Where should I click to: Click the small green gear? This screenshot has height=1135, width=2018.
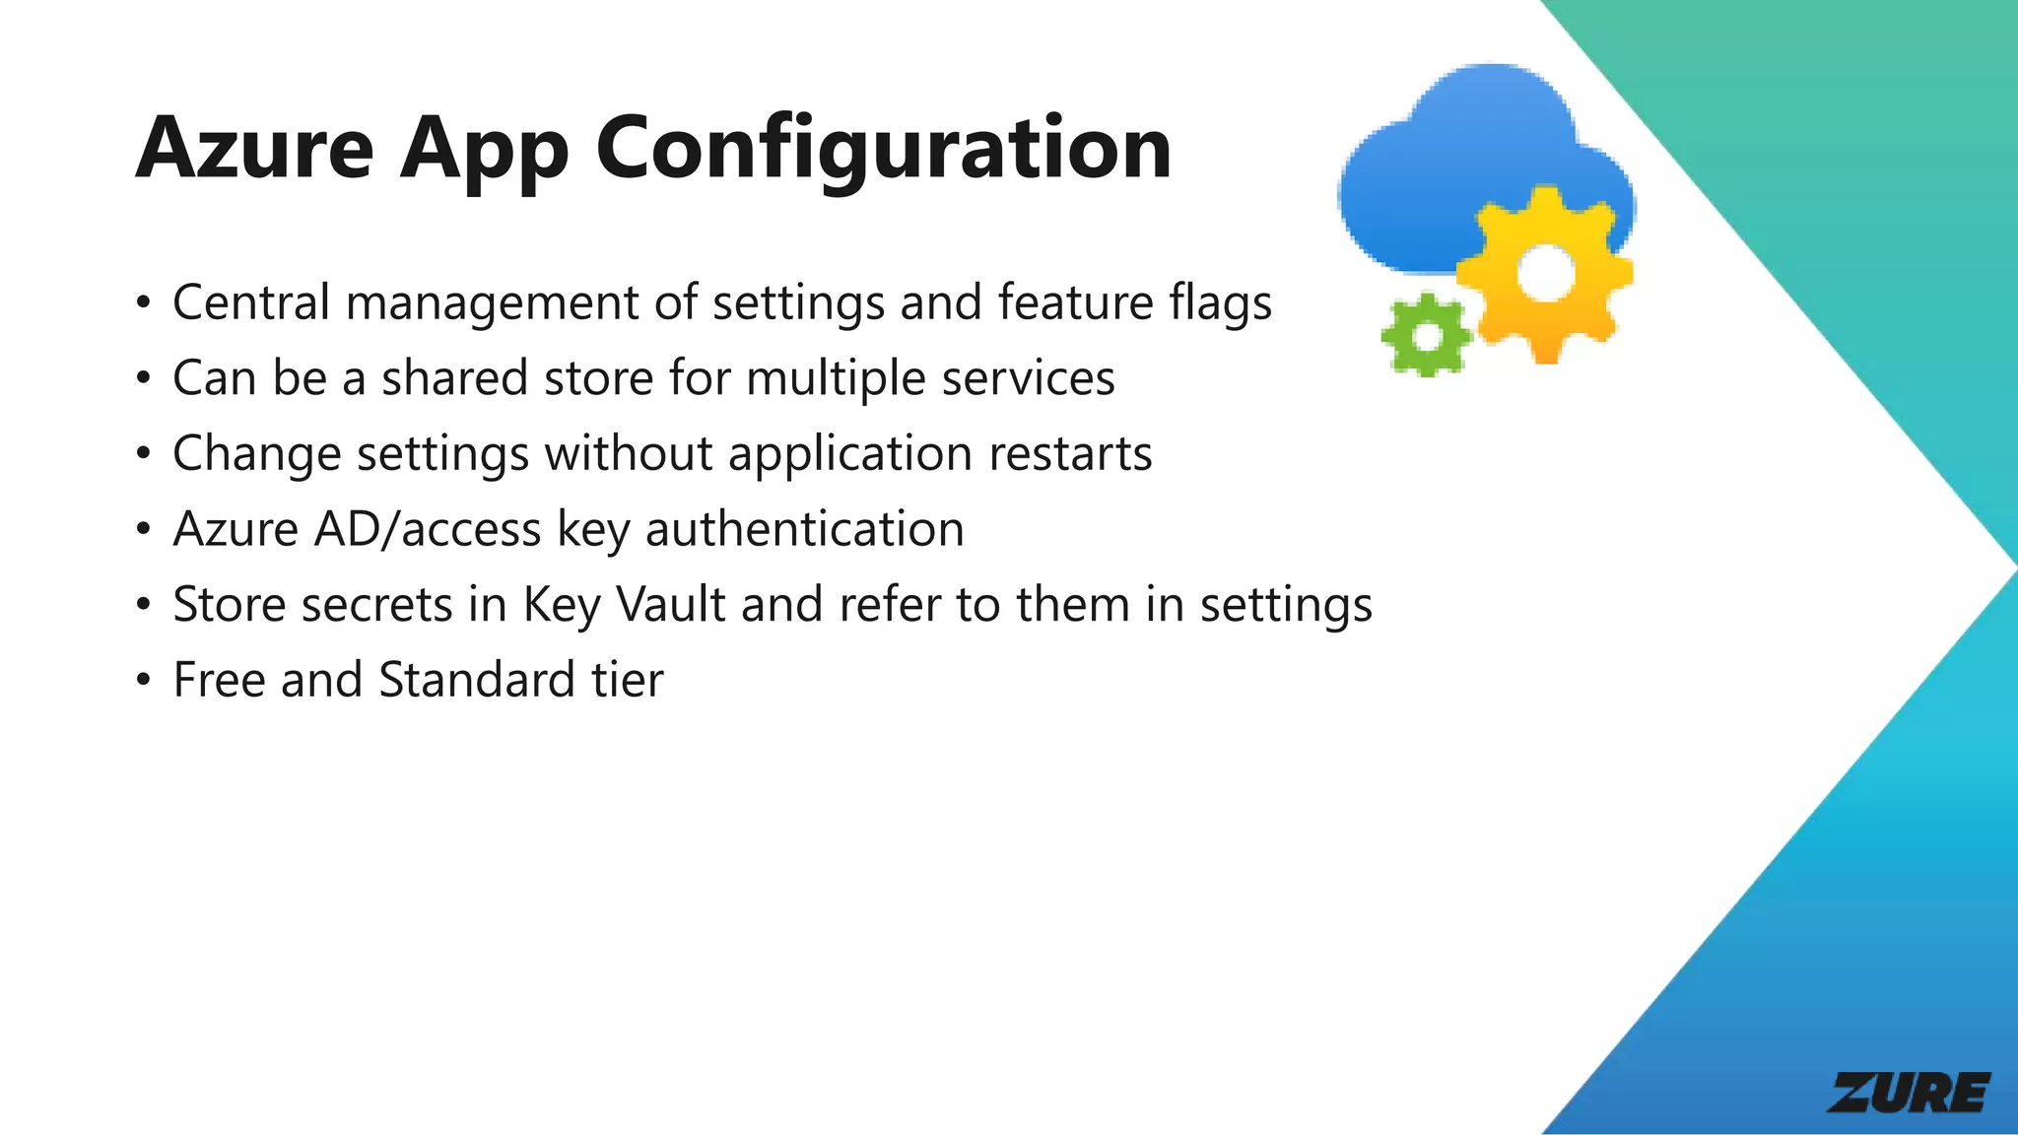(1426, 335)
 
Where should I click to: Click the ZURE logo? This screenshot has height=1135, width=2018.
(1909, 1093)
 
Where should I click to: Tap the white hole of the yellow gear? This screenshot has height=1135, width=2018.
(1544, 272)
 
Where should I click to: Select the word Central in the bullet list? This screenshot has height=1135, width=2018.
(250, 302)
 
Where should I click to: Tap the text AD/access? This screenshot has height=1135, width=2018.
(427, 530)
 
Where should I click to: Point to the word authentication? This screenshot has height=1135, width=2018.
(804, 530)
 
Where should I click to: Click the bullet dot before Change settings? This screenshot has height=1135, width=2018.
(144, 455)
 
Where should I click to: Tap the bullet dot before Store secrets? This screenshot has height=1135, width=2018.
(144, 606)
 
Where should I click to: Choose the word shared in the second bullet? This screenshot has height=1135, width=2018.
(454, 378)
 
